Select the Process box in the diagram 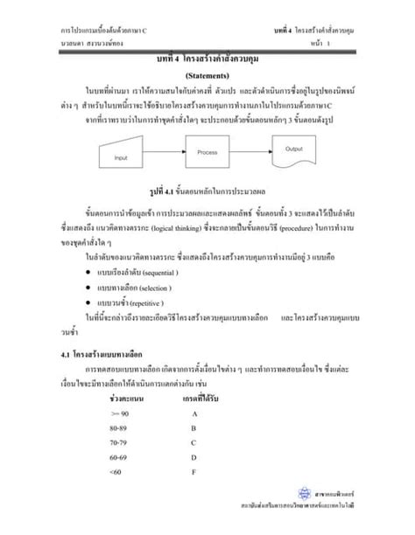tap(207, 153)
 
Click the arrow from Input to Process tap(162, 154)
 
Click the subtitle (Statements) tap(207, 75)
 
